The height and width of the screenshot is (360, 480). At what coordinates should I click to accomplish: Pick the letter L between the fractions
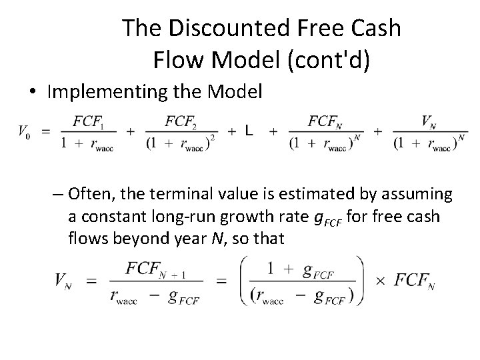[248, 131]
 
